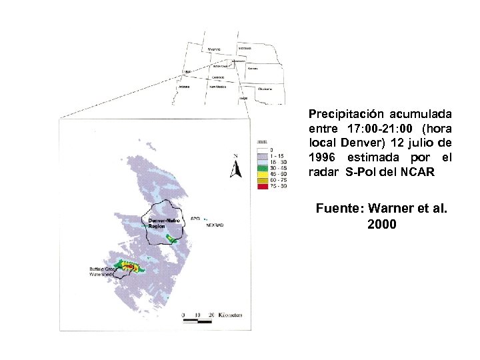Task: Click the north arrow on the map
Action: [x=235, y=167]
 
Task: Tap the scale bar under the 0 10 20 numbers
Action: [x=197, y=321]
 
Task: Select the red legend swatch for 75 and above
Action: [x=261, y=187]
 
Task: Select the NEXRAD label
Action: [x=215, y=225]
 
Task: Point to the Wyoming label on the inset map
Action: [x=214, y=49]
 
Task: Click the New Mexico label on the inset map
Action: [x=217, y=86]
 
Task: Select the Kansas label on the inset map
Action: [x=253, y=68]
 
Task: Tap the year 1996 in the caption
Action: [x=325, y=157]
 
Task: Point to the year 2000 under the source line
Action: [x=381, y=224]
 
